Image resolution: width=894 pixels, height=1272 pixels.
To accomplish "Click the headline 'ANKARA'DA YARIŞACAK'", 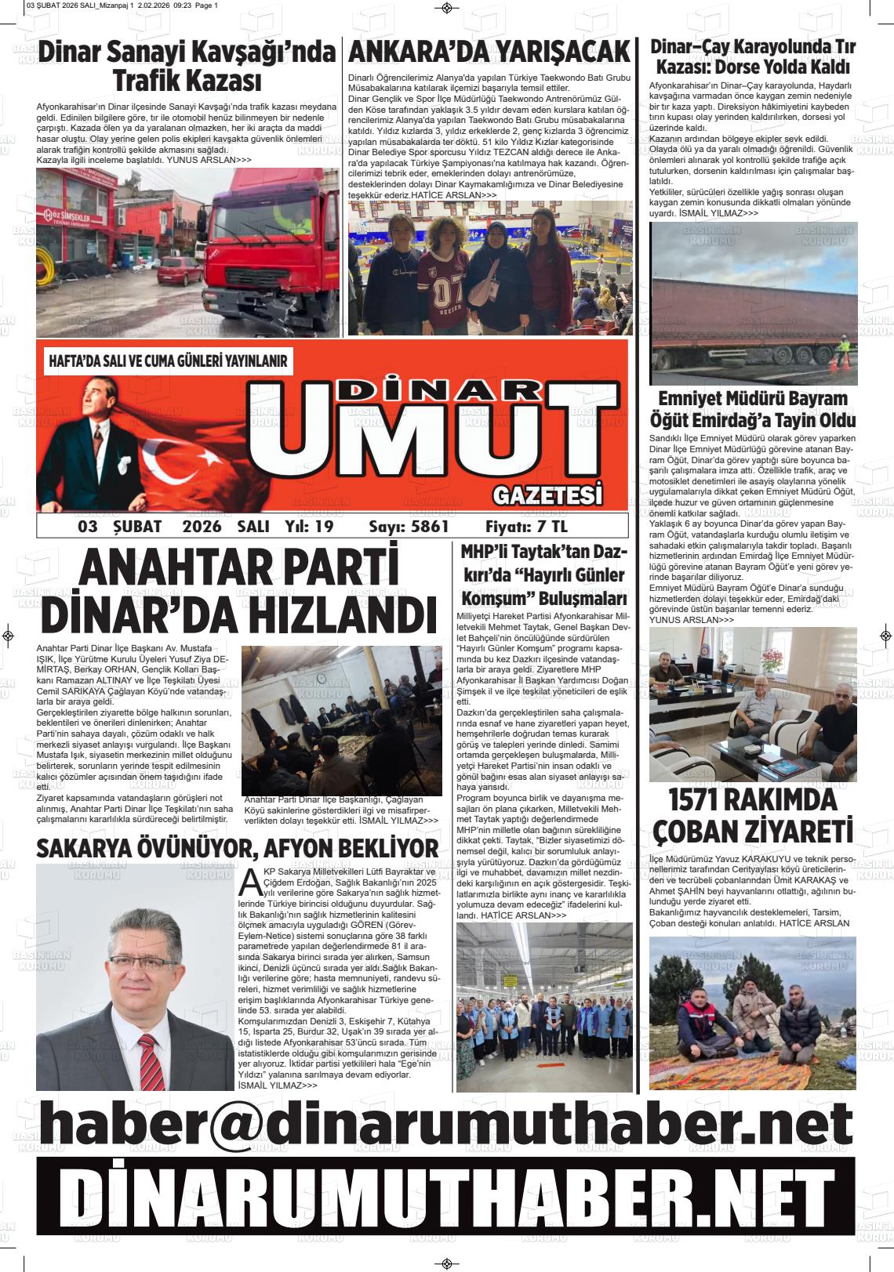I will (489, 53).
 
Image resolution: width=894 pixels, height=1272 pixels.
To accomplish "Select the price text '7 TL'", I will (550, 526).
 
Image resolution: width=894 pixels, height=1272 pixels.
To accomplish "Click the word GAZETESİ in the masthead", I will (548, 495).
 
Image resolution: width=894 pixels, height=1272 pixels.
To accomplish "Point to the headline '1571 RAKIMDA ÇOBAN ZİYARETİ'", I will (752, 815).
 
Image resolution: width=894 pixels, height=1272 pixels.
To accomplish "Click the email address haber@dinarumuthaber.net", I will (446, 1124).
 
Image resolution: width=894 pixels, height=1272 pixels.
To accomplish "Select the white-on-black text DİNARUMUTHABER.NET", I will (446, 1198).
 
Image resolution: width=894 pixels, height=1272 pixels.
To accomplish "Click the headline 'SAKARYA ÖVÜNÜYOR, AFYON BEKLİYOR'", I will (238, 848).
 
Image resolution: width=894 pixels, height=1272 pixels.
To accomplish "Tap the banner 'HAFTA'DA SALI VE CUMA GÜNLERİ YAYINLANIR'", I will (168, 361).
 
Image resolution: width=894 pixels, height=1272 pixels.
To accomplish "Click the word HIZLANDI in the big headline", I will (333, 614).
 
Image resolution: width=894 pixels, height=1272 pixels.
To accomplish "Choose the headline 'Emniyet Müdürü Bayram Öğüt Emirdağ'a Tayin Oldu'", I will (752, 409).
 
